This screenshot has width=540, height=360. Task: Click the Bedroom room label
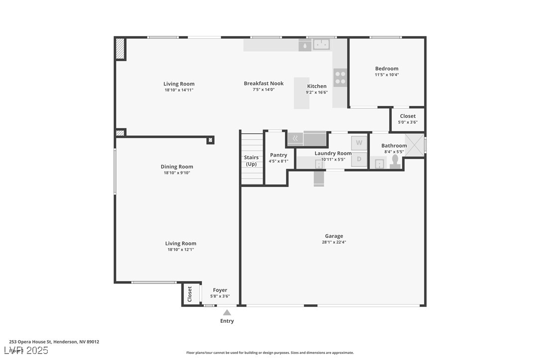386,69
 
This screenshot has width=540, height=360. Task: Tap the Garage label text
334,236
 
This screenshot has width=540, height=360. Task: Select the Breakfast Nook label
264,84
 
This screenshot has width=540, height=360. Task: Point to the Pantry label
278,155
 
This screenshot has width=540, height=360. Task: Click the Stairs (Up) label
251,161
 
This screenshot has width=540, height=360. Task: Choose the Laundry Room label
333,153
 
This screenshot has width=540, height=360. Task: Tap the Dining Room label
177,167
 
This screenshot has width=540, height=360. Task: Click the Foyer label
220,290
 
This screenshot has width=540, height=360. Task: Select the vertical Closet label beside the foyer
189,294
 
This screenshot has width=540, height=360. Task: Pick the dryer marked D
359,160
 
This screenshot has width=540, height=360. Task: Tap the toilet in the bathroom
395,162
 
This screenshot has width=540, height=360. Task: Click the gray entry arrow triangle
227,313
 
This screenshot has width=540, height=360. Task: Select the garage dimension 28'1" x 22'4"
334,243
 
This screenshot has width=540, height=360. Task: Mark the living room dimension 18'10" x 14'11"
179,90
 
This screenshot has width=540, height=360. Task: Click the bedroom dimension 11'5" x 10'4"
386,75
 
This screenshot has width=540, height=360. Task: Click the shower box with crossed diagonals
414,145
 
